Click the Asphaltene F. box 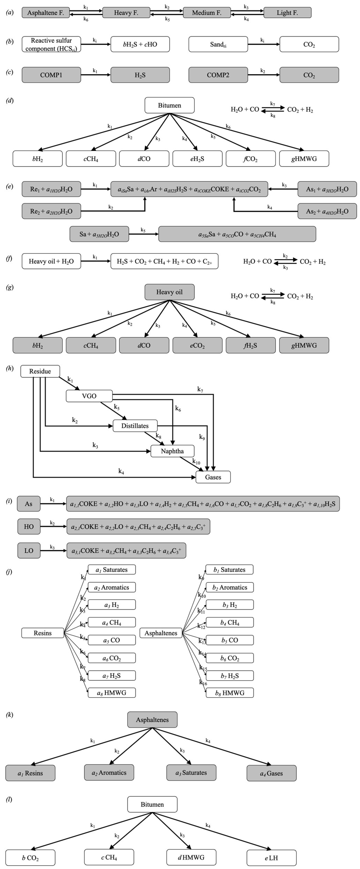pos(46,13)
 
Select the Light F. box pos(287,13)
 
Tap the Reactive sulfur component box pos(51,44)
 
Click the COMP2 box pos(218,75)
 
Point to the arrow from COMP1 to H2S pos(96,75)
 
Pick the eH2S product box pos(197,159)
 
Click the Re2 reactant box pos(51,211)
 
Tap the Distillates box pos(135,426)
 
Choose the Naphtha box pos(172,451)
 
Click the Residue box pos(40,371)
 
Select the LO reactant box pos(29,551)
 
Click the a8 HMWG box pos(112,693)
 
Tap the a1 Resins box pos(30,773)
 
